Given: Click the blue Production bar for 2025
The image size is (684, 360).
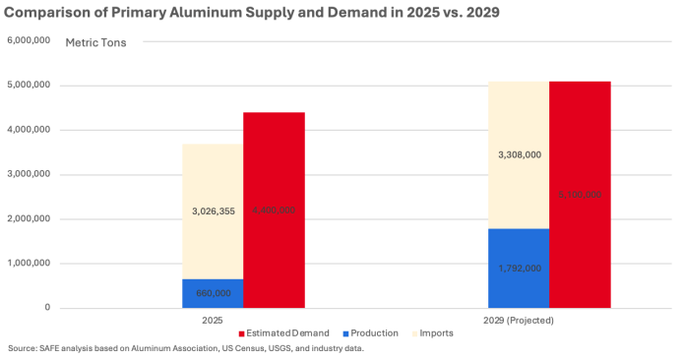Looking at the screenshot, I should pyautogui.click(x=213, y=293).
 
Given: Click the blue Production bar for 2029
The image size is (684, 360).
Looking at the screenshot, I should pyautogui.click(x=518, y=268).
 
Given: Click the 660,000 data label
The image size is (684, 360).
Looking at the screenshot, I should pyautogui.click(x=213, y=293).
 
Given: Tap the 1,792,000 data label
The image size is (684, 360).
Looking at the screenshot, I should pyautogui.click(x=518, y=268).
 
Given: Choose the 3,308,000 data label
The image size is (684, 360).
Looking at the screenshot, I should pyautogui.click(x=518, y=154).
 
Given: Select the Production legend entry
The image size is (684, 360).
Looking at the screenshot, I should pyautogui.click(x=371, y=332).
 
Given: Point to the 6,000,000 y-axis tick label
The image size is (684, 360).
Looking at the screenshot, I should pyautogui.click(x=29, y=41).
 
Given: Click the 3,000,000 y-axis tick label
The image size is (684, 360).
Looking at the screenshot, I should pyautogui.click(x=29, y=175).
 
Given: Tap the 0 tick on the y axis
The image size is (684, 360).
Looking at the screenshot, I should pyautogui.click(x=47, y=308).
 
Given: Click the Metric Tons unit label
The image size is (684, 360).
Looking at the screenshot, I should pyautogui.click(x=95, y=43).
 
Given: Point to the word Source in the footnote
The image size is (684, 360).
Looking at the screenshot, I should pyautogui.click(x=22, y=349).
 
